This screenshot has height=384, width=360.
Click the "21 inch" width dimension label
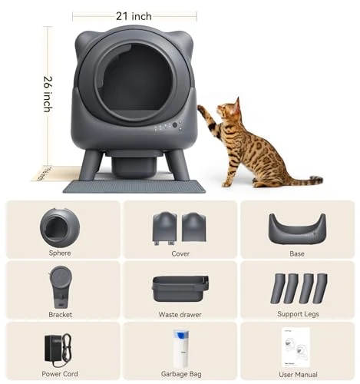134,15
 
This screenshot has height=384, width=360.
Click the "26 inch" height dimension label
47,93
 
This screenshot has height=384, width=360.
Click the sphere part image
59,227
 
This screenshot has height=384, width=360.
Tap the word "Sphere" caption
59,253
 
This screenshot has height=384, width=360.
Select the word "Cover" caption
180,253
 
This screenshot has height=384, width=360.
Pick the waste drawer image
180,289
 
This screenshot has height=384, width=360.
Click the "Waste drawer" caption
180,313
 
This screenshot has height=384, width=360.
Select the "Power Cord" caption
59,374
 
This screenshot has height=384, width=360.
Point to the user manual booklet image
296,346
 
